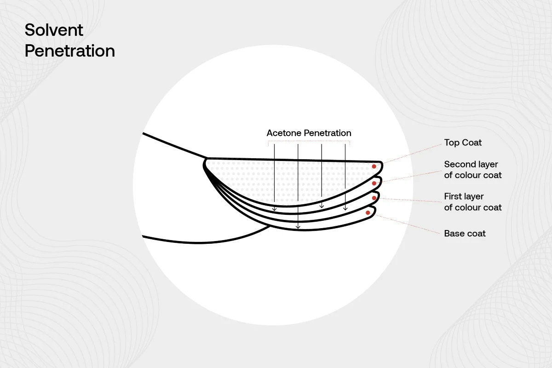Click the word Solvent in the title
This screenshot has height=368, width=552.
[54, 30]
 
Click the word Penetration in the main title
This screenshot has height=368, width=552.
[70, 51]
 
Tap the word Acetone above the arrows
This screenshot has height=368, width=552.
[284, 133]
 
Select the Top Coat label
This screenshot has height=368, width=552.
[463, 143]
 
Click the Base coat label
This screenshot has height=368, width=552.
[465, 233]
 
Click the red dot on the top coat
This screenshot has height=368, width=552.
[374, 167]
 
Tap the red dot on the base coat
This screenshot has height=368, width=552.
[368, 213]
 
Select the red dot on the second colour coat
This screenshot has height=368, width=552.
[374, 183]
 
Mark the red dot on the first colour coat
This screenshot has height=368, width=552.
[374, 198]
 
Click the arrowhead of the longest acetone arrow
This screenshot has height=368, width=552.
[298, 227]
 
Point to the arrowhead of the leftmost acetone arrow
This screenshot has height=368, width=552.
[274, 209]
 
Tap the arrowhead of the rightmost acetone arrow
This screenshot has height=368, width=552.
[345, 208]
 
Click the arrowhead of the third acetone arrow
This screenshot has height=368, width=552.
[322, 206]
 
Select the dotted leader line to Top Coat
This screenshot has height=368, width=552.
[412, 154]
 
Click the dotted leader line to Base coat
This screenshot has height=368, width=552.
[408, 224]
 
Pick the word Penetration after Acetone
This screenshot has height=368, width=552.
[328, 133]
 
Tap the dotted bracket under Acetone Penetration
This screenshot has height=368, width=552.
[309, 141]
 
